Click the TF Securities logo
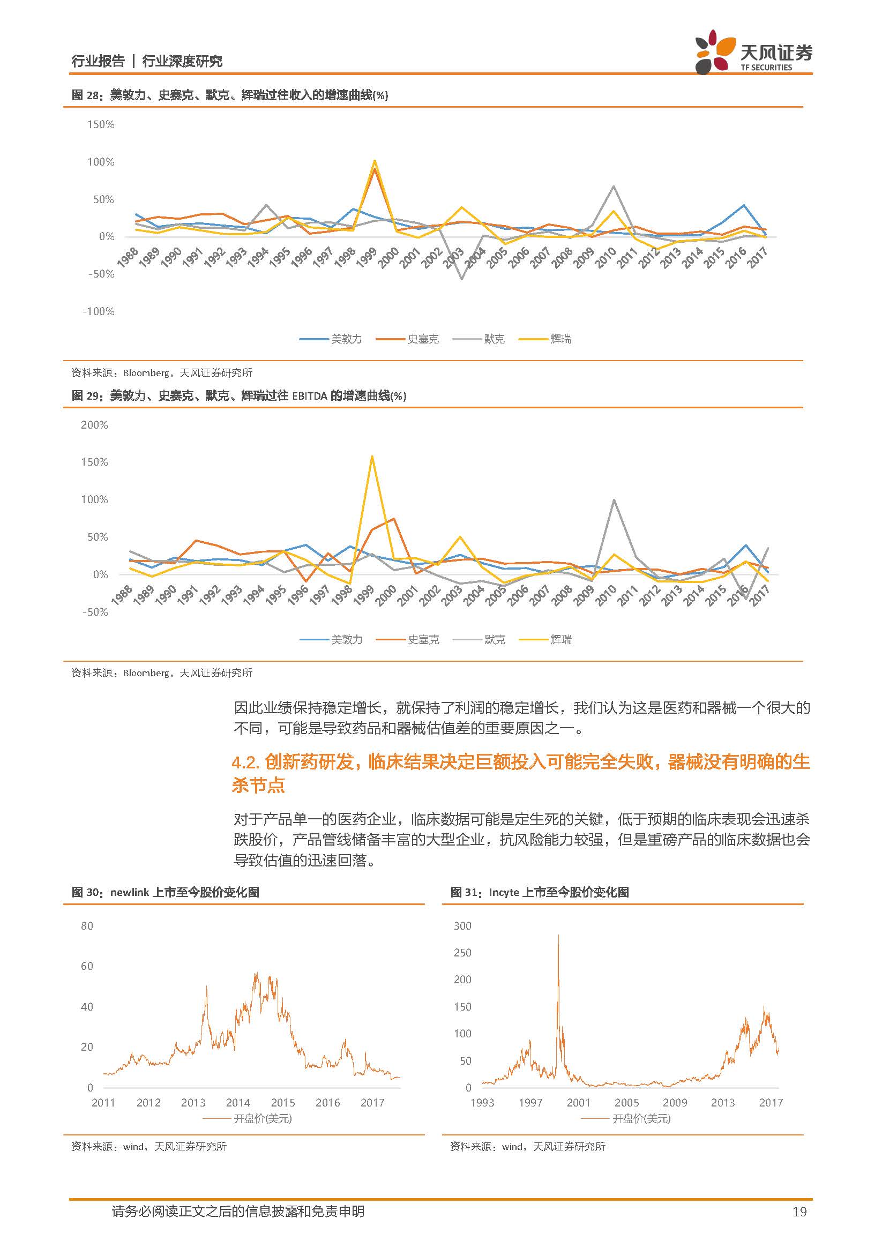pyautogui.click(x=753, y=53)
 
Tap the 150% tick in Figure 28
pyautogui.click(x=101, y=124)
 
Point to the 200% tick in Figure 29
pyautogui.click(x=94, y=425)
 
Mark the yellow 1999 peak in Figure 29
pyautogui.click(x=372, y=455)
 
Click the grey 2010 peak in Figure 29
pyautogui.click(x=614, y=499)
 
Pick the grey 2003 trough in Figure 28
pyautogui.click(x=462, y=279)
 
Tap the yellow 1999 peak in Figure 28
pyautogui.click(x=375, y=160)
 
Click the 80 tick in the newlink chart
pyautogui.click(x=87, y=926)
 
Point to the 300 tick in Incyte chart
pyautogui.click(x=463, y=926)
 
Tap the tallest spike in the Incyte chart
pyautogui.click(x=558, y=935)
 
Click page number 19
pyautogui.click(x=799, y=1212)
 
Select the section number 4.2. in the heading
pyautogui.click(x=246, y=762)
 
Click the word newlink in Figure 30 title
pyautogui.click(x=129, y=892)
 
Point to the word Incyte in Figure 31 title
pyautogui.click(x=504, y=892)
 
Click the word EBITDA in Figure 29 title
pyautogui.click(x=310, y=396)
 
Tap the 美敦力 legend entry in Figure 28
pyautogui.click(x=331, y=339)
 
